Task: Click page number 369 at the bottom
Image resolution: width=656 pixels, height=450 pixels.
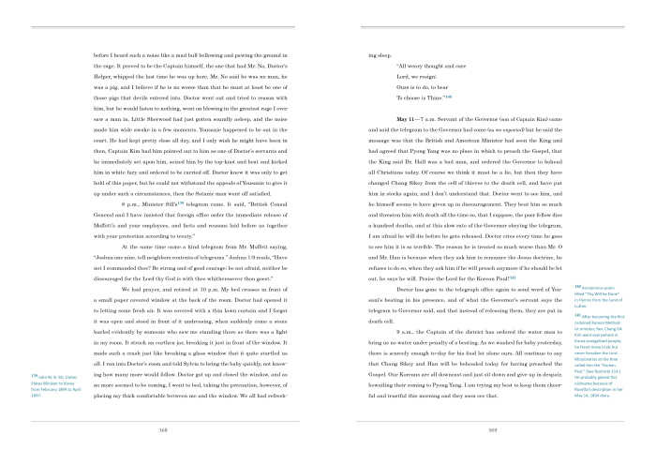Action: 465,428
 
